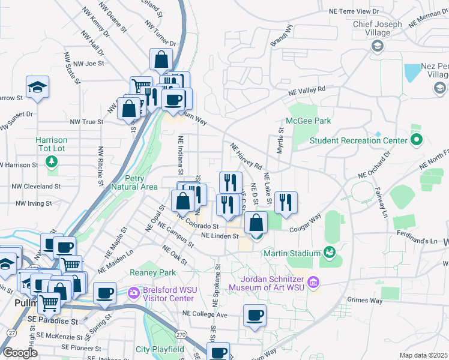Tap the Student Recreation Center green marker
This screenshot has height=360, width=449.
click(x=417, y=140)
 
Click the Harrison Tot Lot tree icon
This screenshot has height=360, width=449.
click(x=52, y=161)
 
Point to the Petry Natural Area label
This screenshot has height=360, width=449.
click(x=133, y=182)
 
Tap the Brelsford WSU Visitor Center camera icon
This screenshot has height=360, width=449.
click(x=134, y=292)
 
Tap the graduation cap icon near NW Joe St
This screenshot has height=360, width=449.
click(x=37, y=88)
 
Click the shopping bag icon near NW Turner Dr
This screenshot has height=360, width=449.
click(x=161, y=60)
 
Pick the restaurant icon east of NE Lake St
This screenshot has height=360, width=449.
click(x=286, y=203)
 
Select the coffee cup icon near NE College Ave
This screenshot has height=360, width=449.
click(x=255, y=316)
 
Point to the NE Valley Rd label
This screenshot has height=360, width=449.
click(x=306, y=91)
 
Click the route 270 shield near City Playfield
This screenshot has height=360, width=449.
click(x=179, y=334)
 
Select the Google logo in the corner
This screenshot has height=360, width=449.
click(x=20, y=353)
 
